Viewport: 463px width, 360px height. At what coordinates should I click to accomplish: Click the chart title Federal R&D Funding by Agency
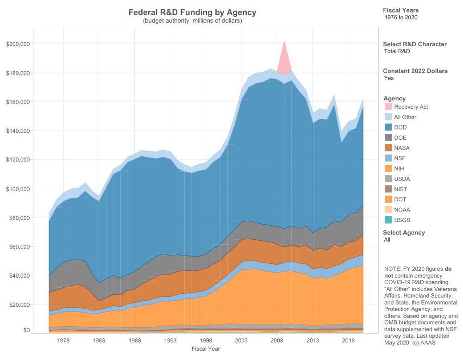point(192,12)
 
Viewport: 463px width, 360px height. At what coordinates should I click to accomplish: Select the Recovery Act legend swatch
point(388,107)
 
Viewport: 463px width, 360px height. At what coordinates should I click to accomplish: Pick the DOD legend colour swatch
point(388,127)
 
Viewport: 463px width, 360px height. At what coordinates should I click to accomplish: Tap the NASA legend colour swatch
point(388,148)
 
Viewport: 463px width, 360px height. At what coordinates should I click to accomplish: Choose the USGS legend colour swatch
point(388,219)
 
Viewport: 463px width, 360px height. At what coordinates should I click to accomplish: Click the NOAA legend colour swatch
point(388,209)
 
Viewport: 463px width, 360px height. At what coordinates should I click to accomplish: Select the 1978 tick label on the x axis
point(63,341)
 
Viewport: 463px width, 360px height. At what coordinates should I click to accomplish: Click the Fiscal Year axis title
point(206,348)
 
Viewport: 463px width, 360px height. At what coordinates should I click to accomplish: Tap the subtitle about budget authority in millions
point(192,21)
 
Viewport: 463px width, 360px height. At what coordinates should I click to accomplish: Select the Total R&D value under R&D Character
point(397,51)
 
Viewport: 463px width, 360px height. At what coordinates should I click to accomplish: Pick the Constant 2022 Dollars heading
point(415,71)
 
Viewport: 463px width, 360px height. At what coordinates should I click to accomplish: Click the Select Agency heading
point(404,233)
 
